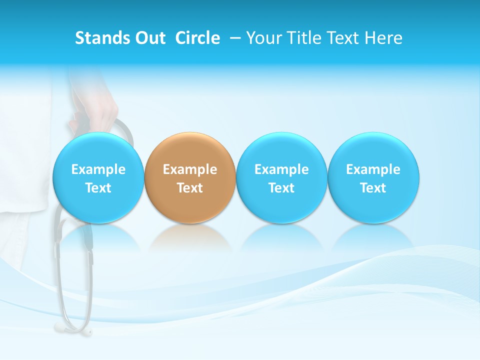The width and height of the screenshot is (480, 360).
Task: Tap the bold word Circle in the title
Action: pos(197,38)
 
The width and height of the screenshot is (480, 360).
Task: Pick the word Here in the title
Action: pos(383,38)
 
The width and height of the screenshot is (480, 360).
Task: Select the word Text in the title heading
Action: pos(341,38)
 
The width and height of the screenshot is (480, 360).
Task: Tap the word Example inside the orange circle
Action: pos(190,169)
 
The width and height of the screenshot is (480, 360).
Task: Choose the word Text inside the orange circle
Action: pos(190,188)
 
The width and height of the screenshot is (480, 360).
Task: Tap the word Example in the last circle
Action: pos(373,169)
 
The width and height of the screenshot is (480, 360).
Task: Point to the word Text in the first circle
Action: pos(98,188)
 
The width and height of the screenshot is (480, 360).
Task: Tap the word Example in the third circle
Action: pos(281,169)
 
